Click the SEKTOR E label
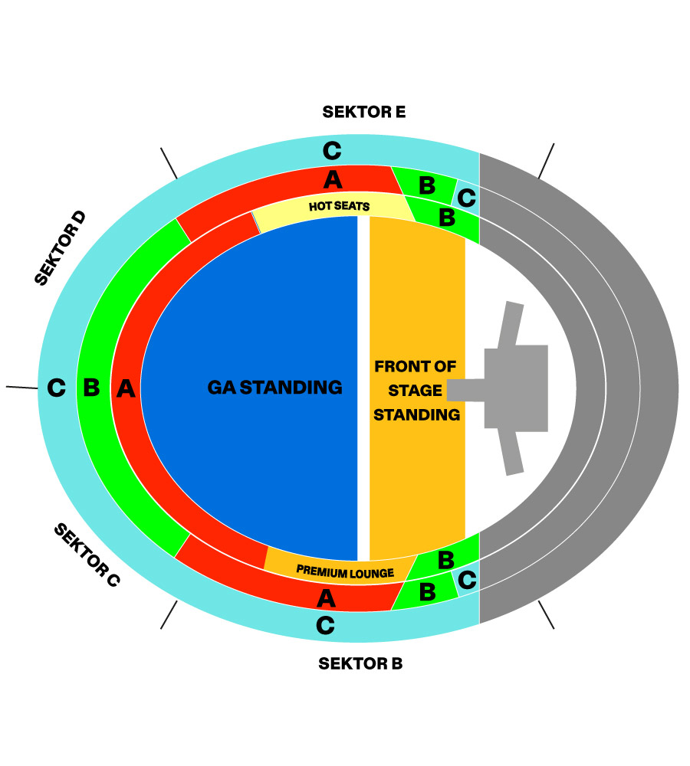(x=363, y=112)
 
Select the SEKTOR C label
(x=87, y=555)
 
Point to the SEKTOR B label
(x=360, y=663)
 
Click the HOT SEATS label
(x=340, y=206)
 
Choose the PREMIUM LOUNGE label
(x=345, y=571)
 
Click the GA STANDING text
(x=274, y=388)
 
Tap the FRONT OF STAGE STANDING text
(x=417, y=391)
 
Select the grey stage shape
(x=516, y=388)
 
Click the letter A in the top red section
(x=332, y=180)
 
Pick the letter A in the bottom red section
(x=326, y=597)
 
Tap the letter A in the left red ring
(x=126, y=389)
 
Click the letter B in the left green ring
(x=91, y=388)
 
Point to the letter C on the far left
(x=56, y=388)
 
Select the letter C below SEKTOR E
(x=331, y=150)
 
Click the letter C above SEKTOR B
(x=325, y=626)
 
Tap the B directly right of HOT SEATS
(x=446, y=217)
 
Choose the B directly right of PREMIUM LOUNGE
(x=445, y=560)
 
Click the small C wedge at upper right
(x=466, y=198)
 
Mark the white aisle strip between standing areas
(x=363, y=388)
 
